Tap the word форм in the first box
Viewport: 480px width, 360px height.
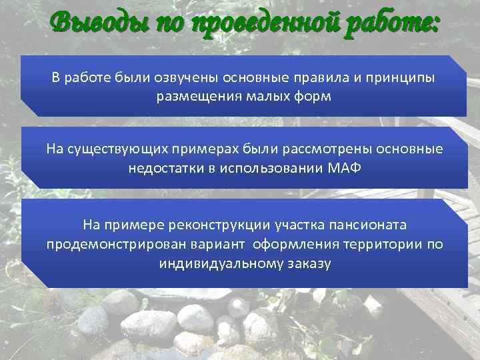[x=313, y=97]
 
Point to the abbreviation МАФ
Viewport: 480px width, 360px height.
[x=345, y=168]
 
